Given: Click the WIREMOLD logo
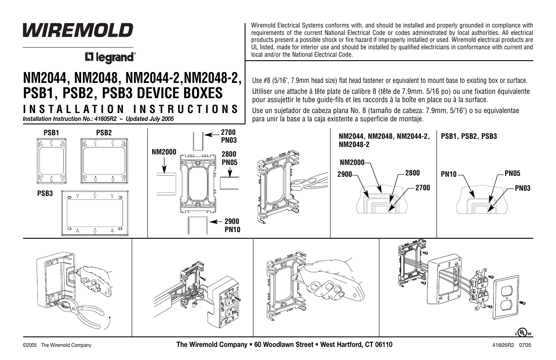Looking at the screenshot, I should coord(78,30).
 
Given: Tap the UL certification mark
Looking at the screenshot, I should coord(523,333).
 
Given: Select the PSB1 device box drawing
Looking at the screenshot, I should coord(51,161).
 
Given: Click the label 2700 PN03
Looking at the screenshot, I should coord(229,136).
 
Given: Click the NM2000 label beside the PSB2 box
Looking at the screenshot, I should coord(164,153).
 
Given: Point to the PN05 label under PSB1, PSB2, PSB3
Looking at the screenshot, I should coord(512,173).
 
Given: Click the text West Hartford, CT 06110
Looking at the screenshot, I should coord(356,345).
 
